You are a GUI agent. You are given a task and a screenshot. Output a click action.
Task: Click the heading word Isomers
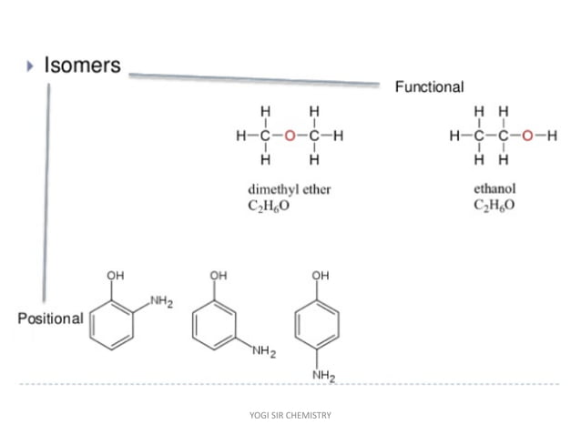tap(82, 66)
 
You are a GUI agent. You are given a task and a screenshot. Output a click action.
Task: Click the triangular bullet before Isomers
tap(30, 66)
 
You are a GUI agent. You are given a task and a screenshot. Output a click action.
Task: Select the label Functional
tap(429, 87)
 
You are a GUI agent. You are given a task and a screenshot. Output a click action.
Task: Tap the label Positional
tap(50, 319)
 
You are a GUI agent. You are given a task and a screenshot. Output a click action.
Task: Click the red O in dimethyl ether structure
tap(290, 137)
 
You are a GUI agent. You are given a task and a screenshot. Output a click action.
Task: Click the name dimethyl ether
tap(289, 190)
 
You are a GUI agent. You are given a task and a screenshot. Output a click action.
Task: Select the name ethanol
tap(494, 190)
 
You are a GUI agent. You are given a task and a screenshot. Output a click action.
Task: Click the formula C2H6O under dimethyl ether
tap(270, 207)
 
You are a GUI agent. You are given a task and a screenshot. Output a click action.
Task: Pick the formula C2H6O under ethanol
tap(494, 207)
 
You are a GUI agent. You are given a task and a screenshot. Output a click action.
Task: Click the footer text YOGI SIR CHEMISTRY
tap(290, 415)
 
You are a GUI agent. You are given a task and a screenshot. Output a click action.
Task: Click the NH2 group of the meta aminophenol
tap(264, 351)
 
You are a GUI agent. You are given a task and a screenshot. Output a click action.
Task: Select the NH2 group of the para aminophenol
tap(321, 375)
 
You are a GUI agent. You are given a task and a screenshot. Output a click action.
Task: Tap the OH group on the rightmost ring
tap(321, 275)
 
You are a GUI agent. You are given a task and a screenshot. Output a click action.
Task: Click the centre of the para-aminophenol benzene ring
tap(321, 325)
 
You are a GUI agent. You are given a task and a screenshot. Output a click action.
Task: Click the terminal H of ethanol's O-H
tap(552, 137)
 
